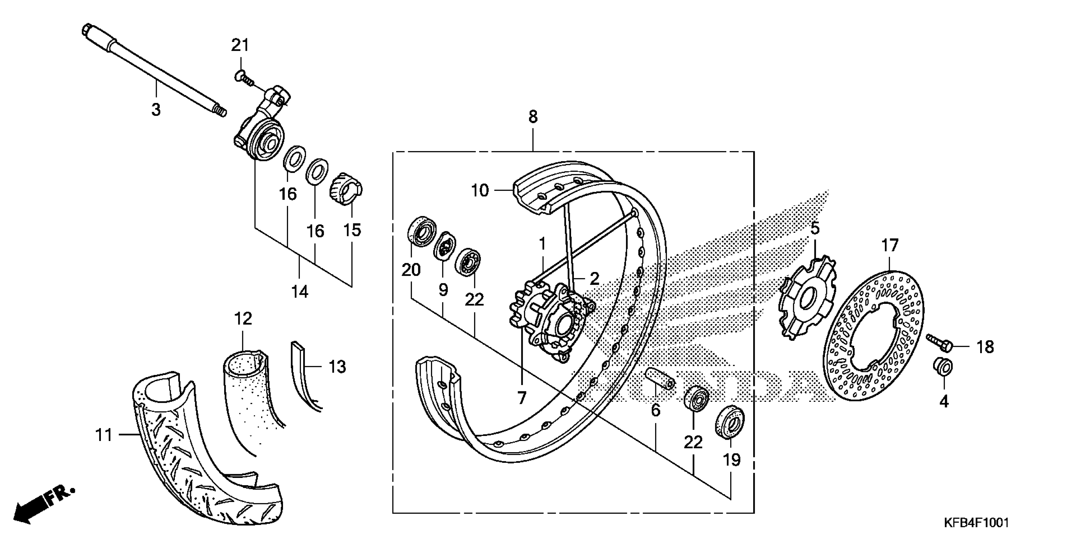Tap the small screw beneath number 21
(243, 77)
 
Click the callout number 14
(299, 292)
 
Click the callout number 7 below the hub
(522, 398)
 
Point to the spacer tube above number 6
(660, 377)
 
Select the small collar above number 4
(943, 367)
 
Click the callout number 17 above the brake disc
(890, 245)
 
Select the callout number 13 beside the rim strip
(337, 367)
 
